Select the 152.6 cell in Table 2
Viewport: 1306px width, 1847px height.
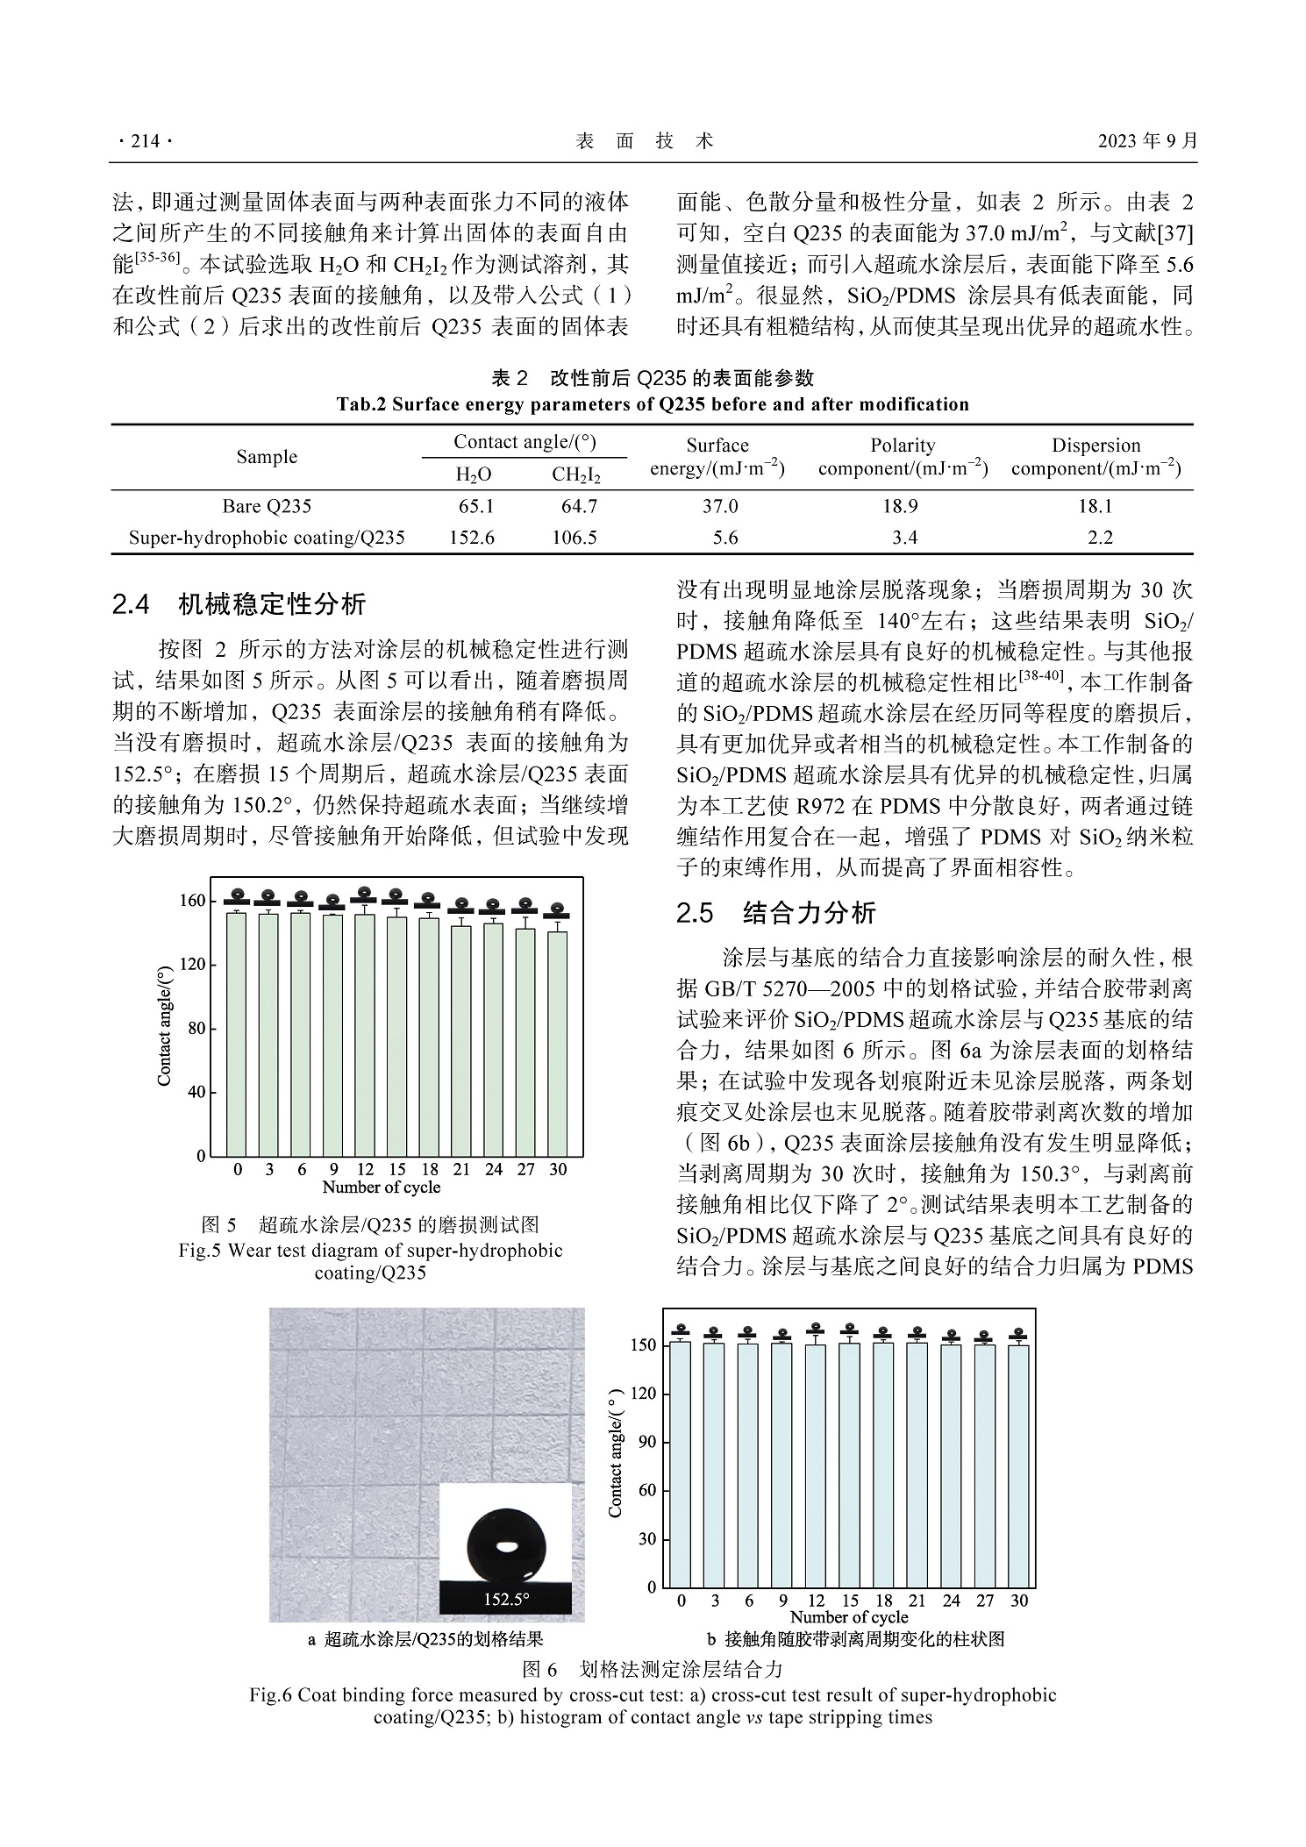pyautogui.click(x=472, y=538)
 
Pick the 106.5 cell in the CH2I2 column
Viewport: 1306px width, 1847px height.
pyautogui.click(x=574, y=538)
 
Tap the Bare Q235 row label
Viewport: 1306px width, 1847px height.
pyautogui.click(x=267, y=506)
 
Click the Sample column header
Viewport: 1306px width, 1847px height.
pyautogui.click(x=267, y=457)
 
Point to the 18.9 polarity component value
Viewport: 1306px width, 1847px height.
pyautogui.click(x=904, y=506)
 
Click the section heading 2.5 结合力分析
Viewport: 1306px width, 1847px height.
pyautogui.click(x=776, y=913)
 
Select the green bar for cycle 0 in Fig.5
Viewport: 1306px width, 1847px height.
pyautogui.click(x=237, y=1035)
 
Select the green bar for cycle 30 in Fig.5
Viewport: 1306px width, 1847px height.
pyautogui.click(x=558, y=1044)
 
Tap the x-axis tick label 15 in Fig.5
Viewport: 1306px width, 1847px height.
pyautogui.click(x=397, y=1169)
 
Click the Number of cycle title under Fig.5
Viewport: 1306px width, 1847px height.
pyautogui.click(x=381, y=1187)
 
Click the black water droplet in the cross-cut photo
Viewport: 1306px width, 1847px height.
pyautogui.click(x=506, y=1546)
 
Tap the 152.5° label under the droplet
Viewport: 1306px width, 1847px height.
pyautogui.click(x=506, y=1600)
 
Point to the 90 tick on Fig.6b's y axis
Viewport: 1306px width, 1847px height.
pyautogui.click(x=646, y=1442)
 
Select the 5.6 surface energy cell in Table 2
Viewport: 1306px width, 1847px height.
pyautogui.click(x=725, y=538)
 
